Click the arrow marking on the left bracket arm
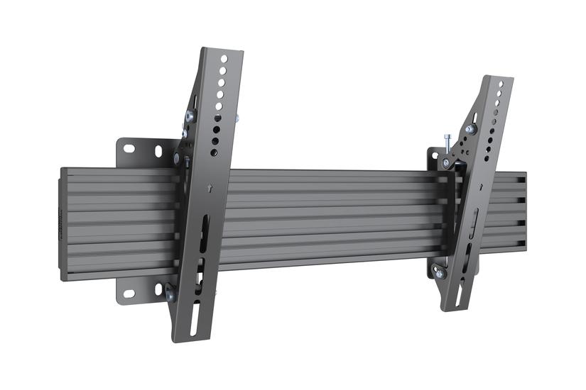coord(212,189)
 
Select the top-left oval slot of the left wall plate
coord(129,148)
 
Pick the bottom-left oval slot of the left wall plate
coord(129,293)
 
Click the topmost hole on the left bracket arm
coord(224,60)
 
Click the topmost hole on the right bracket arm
coord(501,84)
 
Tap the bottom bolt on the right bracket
coord(439,272)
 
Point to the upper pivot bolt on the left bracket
coord(190,116)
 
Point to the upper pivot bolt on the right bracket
coord(470,129)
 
